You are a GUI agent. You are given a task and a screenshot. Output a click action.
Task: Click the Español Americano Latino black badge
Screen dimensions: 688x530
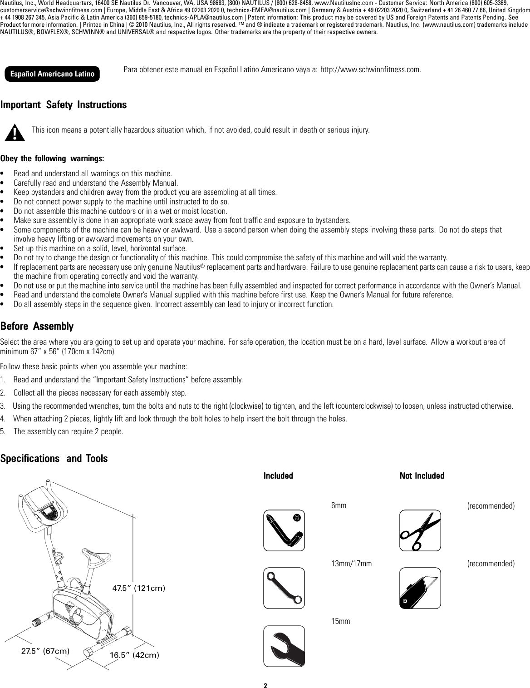point(52,74)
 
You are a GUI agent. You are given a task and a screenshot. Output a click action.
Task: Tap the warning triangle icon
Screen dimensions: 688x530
point(17,132)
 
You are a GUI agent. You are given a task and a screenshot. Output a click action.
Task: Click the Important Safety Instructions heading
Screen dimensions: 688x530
point(64,105)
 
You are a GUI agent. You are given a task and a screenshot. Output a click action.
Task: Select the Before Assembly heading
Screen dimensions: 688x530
point(37,327)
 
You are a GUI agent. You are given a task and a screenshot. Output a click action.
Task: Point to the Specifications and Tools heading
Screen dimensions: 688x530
point(54,458)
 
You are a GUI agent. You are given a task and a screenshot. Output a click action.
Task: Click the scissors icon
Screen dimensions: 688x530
point(420,530)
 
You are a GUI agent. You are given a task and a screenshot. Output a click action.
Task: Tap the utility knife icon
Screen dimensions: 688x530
point(420,588)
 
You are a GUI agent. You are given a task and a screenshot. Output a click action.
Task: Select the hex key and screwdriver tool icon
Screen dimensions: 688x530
point(284,530)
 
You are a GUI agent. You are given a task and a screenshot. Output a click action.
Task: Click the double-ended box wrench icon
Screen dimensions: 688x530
point(284,588)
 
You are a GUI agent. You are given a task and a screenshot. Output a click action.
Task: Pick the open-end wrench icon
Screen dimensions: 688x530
point(284,646)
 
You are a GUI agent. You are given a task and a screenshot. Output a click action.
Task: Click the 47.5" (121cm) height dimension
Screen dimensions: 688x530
point(138,588)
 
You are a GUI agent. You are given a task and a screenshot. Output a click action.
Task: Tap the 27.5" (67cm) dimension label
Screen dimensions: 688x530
point(45,650)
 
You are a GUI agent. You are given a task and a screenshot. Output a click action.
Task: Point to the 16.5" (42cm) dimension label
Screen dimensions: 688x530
point(135,655)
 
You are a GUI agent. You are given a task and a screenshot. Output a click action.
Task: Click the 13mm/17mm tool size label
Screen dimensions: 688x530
point(352,564)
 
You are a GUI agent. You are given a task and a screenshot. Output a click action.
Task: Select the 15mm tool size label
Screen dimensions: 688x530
point(341,621)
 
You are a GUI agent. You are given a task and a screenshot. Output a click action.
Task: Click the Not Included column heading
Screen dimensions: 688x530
point(422,475)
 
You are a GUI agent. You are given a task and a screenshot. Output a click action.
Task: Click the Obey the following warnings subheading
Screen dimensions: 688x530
point(52,158)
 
